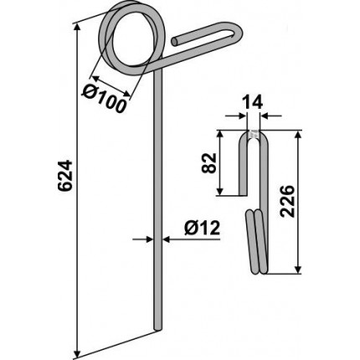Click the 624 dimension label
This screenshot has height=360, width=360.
64,176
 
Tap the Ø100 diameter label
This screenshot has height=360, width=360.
104,98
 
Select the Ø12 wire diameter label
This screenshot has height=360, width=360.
203,229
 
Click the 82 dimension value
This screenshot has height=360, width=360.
209,163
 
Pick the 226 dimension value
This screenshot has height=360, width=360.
288,201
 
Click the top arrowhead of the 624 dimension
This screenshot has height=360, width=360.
77,28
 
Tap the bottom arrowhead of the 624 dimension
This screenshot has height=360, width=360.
77,352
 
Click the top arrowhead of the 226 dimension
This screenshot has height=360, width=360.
298,136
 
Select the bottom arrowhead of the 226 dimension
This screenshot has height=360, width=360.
298,269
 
